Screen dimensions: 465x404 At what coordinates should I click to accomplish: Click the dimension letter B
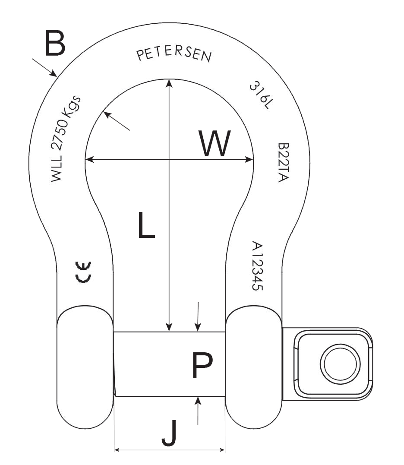click(55, 43)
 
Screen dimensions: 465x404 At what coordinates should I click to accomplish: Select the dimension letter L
click(146, 224)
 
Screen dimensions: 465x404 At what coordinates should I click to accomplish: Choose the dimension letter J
click(169, 434)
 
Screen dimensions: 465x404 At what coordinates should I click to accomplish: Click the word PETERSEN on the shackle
click(174, 55)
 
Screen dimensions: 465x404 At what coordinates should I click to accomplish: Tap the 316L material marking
click(259, 95)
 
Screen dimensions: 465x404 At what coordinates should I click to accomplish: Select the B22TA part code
click(283, 162)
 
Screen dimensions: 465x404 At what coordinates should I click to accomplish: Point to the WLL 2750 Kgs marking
click(66, 138)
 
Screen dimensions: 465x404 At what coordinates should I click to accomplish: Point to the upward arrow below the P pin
click(198, 401)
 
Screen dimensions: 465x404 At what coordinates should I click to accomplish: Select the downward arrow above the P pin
click(198, 328)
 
